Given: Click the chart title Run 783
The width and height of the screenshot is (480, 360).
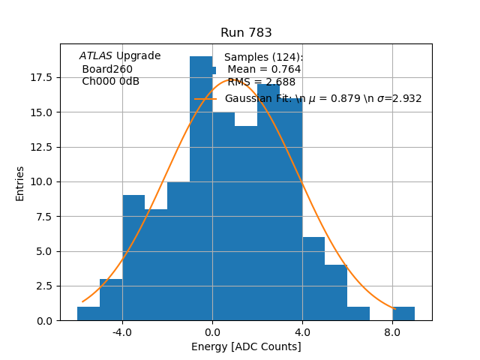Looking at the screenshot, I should (246, 33).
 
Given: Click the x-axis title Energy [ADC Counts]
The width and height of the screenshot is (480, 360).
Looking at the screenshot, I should (246, 346).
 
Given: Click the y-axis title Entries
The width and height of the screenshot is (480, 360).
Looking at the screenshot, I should (20, 183).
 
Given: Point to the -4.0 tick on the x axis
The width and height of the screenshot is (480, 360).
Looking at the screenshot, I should (122, 331).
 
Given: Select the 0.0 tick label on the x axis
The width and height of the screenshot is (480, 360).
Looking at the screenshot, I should (212, 331).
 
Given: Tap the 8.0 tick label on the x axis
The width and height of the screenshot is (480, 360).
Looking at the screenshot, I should (392, 331).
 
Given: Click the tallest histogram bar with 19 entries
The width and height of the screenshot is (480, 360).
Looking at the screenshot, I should (201, 187).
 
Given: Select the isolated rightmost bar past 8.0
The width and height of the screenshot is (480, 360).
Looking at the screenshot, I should (403, 313).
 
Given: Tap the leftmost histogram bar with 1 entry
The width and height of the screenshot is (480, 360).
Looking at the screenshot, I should (88, 313).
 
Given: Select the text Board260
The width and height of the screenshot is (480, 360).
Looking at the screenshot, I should (107, 69).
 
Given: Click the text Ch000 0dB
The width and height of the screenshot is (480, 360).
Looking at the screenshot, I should (110, 82).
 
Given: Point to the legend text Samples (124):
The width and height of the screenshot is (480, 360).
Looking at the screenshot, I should (263, 58).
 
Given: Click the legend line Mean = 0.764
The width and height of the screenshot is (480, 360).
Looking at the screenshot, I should (264, 70).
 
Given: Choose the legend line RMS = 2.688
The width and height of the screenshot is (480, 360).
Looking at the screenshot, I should (261, 82).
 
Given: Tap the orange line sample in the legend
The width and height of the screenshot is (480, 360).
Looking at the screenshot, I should (205, 99).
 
